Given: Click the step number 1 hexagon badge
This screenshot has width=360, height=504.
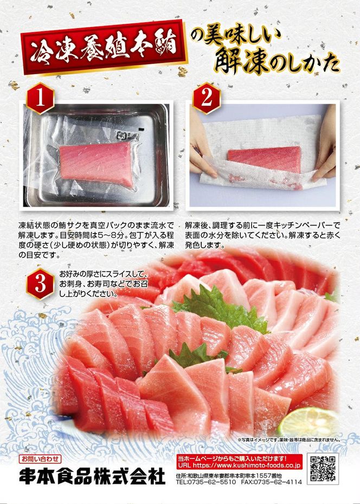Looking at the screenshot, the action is click(x=40, y=98).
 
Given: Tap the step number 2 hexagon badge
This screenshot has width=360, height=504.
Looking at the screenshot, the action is click(x=207, y=98).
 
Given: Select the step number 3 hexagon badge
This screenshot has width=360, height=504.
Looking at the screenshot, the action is click(x=40, y=284).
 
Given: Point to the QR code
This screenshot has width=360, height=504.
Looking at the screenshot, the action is click(x=323, y=469).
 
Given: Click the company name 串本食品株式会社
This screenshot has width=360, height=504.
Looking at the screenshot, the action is click(x=92, y=476).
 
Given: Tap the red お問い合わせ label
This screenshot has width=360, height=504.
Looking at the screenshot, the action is click(x=40, y=458).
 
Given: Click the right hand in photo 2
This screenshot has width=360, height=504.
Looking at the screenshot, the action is click(x=325, y=145).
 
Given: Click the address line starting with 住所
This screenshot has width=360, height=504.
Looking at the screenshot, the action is click(x=229, y=475).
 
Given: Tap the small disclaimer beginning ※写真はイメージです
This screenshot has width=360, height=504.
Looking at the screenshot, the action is click(x=288, y=440).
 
